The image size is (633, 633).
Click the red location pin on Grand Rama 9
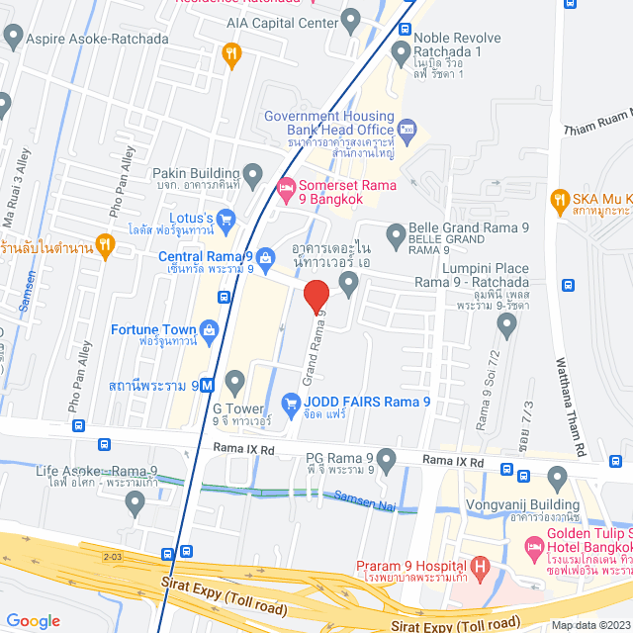click(x=316, y=298)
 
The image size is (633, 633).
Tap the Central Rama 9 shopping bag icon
click(x=266, y=257)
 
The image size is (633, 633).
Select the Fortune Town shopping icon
click(x=209, y=329)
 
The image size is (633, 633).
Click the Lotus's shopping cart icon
click(x=226, y=218)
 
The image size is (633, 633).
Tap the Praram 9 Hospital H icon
click(x=480, y=568)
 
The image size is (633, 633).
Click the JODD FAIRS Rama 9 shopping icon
click(x=291, y=403)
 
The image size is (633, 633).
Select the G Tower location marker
click(x=234, y=381)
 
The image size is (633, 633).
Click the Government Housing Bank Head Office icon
click(x=407, y=130)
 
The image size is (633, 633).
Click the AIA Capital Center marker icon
click(x=350, y=20)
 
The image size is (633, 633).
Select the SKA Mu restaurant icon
click(x=560, y=199)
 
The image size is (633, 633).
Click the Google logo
click(x=34, y=621)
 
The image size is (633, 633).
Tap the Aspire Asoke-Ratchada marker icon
click(x=13, y=38)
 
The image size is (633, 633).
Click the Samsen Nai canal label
click(x=363, y=499)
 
